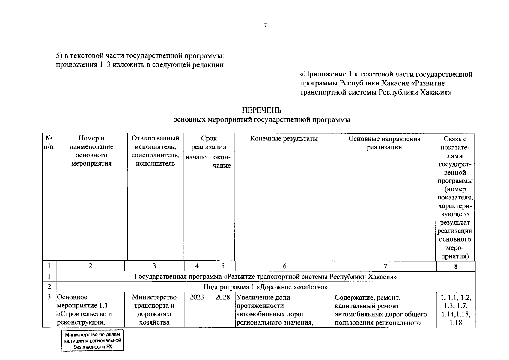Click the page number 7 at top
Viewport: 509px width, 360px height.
265,26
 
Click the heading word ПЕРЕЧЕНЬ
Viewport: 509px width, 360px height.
261,110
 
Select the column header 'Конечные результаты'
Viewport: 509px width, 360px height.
284,139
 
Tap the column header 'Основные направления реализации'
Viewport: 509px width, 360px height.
384,143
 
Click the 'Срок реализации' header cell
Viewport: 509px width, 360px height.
209,142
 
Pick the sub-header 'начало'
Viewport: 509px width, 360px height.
196,157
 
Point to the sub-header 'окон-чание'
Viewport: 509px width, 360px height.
222,161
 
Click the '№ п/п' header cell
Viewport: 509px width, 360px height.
49,142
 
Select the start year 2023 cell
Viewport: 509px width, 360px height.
197,297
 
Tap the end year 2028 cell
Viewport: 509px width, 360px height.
222,297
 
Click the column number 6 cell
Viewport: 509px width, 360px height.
284,266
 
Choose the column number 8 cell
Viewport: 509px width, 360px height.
456,266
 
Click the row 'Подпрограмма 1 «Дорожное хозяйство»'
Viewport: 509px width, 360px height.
265,287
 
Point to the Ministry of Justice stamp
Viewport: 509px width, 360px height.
93,341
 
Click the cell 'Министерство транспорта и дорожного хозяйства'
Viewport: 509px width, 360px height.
154,310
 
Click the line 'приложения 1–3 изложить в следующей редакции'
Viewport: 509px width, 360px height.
141,65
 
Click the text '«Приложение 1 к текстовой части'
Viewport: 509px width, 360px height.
386,74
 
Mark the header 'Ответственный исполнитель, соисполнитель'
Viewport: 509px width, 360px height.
155,151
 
